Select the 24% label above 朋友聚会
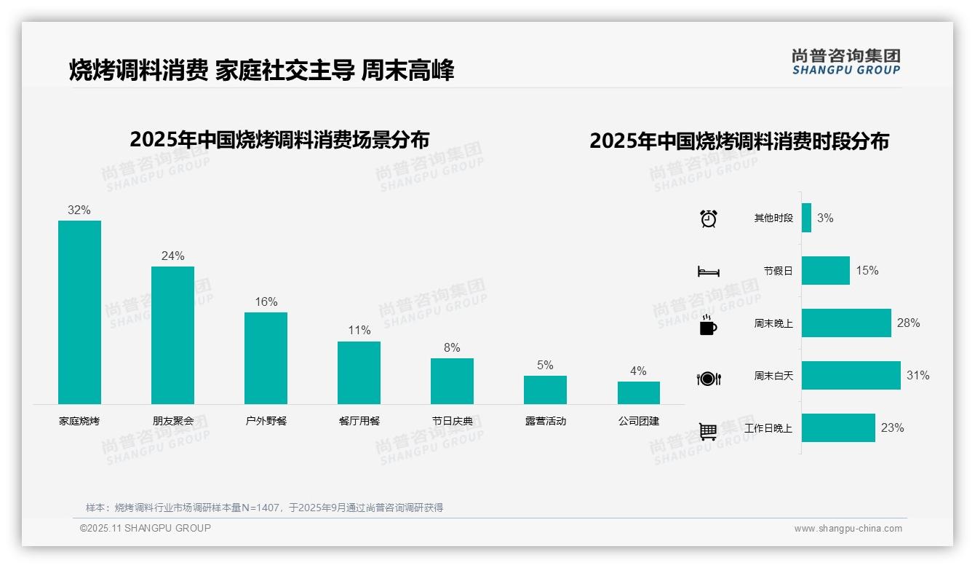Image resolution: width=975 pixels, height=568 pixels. pyautogui.click(x=172, y=256)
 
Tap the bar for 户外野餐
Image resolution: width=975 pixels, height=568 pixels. pyautogui.click(x=266, y=358)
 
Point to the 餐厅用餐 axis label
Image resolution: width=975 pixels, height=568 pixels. pyautogui.click(x=359, y=421)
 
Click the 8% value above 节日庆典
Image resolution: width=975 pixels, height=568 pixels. pyautogui.click(x=452, y=348)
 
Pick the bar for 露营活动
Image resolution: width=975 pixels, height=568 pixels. pyautogui.click(x=545, y=390)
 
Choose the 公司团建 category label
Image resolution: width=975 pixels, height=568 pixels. pyautogui.click(x=638, y=421)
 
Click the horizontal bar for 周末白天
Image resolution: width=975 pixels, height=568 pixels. pyautogui.click(x=851, y=376)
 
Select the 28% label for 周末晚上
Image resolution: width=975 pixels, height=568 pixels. pyautogui.click(x=908, y=323)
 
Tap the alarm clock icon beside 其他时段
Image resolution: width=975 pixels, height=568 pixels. pyautogui.click(x=708, y=218)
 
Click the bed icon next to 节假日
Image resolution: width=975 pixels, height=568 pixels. pyautogui.click(x=708, y=272)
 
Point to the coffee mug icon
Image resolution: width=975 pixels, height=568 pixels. pyautogui.click(x=708, y=325)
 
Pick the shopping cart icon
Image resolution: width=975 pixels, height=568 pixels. pyautogui.click(x=708, y=431)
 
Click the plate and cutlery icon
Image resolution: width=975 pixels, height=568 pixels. pyautogui.click(x=708, y=378)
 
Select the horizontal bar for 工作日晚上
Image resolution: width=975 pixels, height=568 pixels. pyautogui.click(x=838, y=428)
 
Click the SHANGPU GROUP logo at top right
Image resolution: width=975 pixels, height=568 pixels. pyautogui.click(x=845, y=61)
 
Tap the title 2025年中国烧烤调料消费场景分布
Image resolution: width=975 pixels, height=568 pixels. pyautogui.click(x=279, y=140)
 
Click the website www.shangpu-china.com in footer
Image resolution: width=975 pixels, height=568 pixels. pyautogui.click(x=848, y=529)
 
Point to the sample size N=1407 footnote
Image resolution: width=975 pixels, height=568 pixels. pyautogui.click(x=264, y=508)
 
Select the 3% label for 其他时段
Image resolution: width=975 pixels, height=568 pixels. pyautogui.click(x=824, y=218)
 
